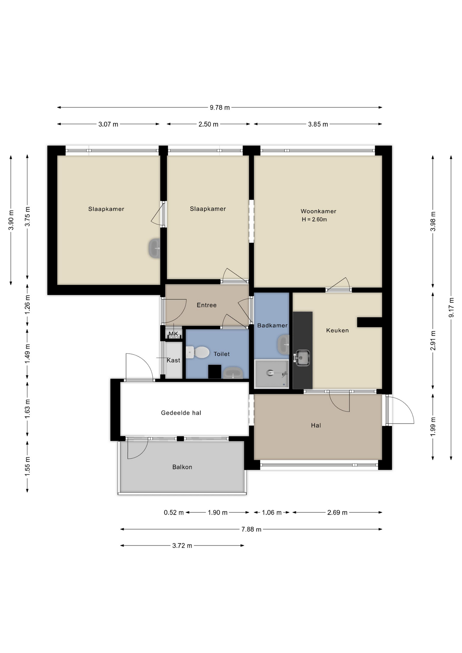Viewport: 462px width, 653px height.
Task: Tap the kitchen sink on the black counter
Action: [x=302, y=358]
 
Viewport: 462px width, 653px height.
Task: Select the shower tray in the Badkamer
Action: [x=271, y=374]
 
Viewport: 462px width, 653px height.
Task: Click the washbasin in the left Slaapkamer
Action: [x=154, y=248]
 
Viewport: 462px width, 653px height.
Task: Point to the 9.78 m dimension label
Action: [x=219, y=107]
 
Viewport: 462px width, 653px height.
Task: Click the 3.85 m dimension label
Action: [x=318, y=124]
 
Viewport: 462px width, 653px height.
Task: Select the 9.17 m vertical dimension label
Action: [x=451, y=307]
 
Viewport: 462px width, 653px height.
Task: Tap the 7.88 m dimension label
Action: [x=251, y=529]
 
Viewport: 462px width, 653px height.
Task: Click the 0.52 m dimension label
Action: [x=174, y=513]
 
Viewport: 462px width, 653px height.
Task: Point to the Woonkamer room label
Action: [x=318, y=211]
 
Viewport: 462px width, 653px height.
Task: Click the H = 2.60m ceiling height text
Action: [x=314, y=220]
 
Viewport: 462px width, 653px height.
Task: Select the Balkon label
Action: [x=182, y=467]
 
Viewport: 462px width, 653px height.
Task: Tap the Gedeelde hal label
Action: [x=181, y=413]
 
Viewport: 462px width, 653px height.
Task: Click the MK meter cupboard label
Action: [x=173, y=334]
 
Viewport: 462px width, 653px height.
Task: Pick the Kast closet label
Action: [x=173, y=360]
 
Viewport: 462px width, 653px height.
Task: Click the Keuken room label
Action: [x=337, y=330]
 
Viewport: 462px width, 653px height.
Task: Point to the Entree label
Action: [x=207, y=305]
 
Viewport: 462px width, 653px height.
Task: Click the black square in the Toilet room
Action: [x=215, y=371]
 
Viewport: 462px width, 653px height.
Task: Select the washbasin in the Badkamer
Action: [x=283, y=344]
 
